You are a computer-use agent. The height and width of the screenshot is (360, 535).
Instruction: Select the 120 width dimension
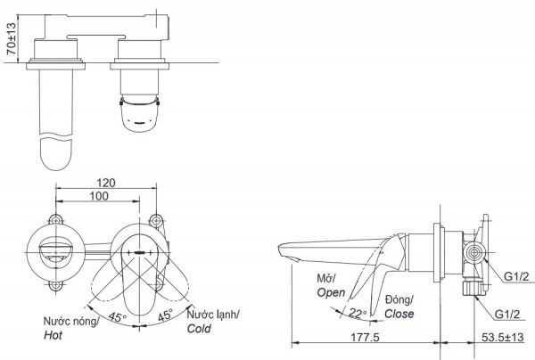click(108, 179)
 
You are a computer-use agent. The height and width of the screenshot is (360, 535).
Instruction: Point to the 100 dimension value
click(101, 195)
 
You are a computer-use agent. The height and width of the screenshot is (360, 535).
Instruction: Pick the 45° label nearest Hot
click(117, 316)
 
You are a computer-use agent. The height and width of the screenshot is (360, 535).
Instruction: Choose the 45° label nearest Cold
click(166, 316)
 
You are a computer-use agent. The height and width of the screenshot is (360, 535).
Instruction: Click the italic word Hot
click(54, 337)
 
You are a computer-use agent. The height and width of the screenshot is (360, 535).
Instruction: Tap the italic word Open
click(330, 292)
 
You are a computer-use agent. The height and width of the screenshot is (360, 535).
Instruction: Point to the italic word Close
click(399, 315)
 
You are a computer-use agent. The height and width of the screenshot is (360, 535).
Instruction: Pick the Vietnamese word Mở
click(325, 278)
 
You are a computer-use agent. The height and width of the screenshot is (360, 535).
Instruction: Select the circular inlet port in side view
click(472, 254)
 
